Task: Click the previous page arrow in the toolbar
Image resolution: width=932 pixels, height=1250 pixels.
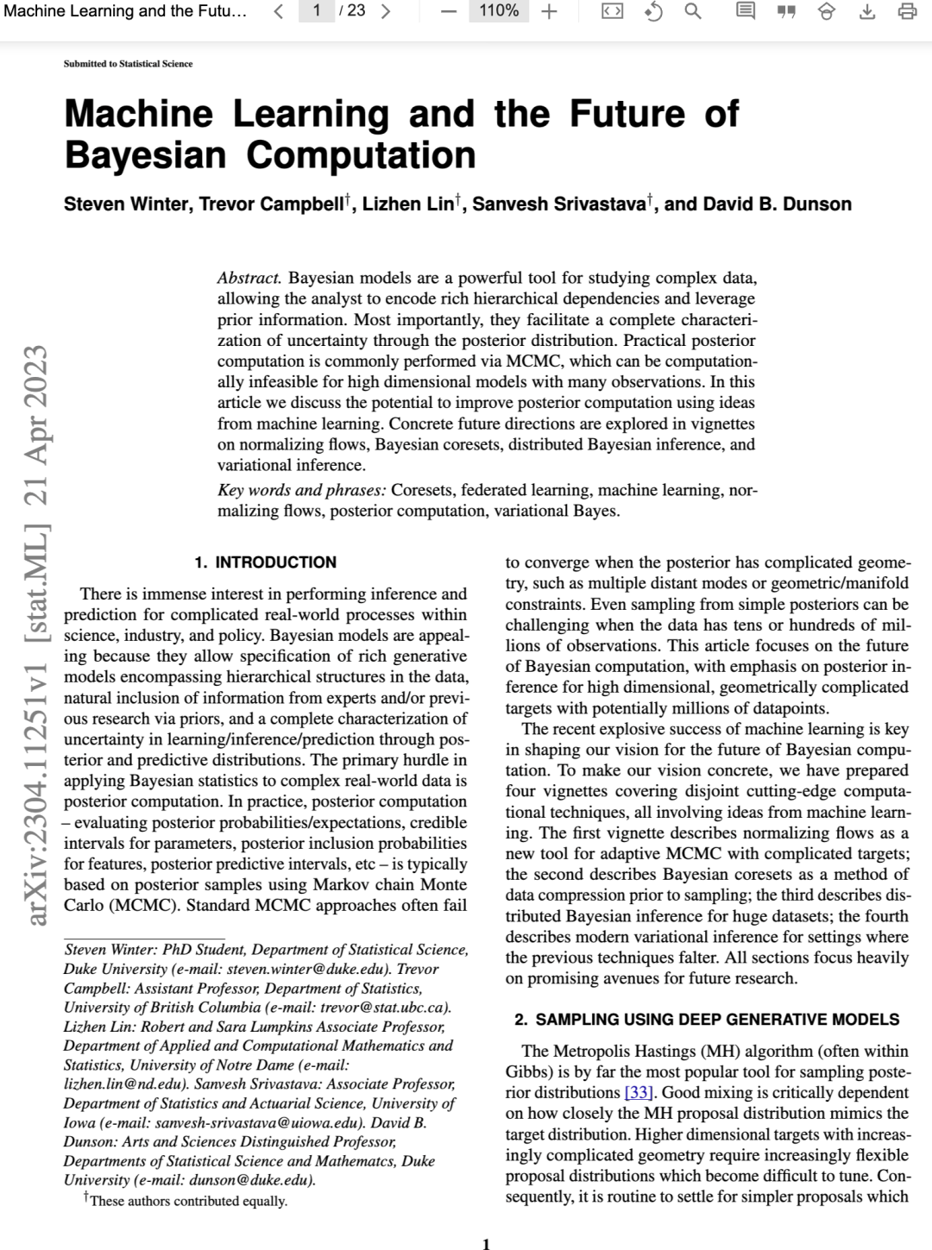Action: (279, 11)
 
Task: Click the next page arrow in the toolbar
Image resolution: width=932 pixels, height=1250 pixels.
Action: (385, 11)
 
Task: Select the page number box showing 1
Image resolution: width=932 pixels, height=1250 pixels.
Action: (317, 10)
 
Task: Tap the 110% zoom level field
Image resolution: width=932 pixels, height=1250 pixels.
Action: (499, 10)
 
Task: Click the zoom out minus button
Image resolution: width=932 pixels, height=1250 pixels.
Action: (448, 11)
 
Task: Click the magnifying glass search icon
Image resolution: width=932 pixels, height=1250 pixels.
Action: (692, 11)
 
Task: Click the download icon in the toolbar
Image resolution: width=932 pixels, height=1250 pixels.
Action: (867, 11)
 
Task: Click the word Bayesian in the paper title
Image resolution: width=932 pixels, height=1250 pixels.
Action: (145, 155)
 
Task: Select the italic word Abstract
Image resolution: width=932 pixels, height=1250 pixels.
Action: (249, 278)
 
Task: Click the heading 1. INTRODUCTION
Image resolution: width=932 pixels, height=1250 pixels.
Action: (265, 562)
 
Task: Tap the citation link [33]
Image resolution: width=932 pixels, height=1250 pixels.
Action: (639, 1093)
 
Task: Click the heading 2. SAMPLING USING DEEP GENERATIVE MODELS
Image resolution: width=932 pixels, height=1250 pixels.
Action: (707, 1020)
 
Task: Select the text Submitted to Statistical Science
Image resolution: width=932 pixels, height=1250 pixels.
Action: (128, 64)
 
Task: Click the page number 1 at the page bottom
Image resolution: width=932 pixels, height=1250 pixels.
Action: (486, 1243)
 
